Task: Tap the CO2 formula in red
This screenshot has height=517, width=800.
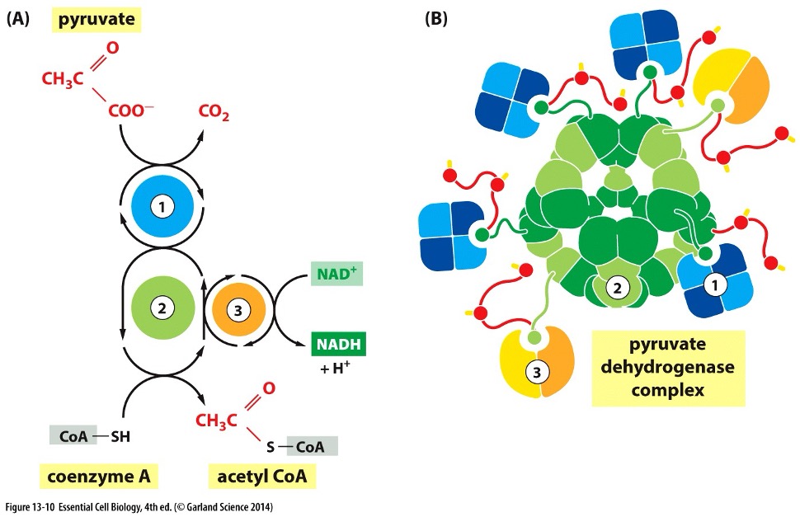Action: coord(214,111)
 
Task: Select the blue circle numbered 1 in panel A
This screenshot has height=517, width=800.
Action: coord(162,206)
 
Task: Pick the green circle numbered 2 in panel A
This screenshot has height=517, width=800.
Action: coord(162,308)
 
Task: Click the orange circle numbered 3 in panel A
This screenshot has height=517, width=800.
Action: coord(238,309)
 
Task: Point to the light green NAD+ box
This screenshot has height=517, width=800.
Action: coord(336,274)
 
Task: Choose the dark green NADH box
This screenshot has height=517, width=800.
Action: coord(339,344)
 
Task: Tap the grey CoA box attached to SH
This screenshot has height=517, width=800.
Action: coord(73,436)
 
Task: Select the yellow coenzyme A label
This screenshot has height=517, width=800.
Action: coord(99,477)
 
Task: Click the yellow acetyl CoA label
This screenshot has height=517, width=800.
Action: coord(262,477)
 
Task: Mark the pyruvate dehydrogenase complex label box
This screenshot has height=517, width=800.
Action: coord(668,368)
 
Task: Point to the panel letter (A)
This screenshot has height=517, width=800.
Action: coord(17,19)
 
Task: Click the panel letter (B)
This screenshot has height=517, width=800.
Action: coord(435,19)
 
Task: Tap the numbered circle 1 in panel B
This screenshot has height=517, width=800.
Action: coord(715,284)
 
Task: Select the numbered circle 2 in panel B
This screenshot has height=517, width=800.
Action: coord(618,288)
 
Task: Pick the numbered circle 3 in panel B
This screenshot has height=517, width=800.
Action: coord(537,372)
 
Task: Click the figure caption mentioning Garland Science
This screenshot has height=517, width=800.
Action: coord(139,507)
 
